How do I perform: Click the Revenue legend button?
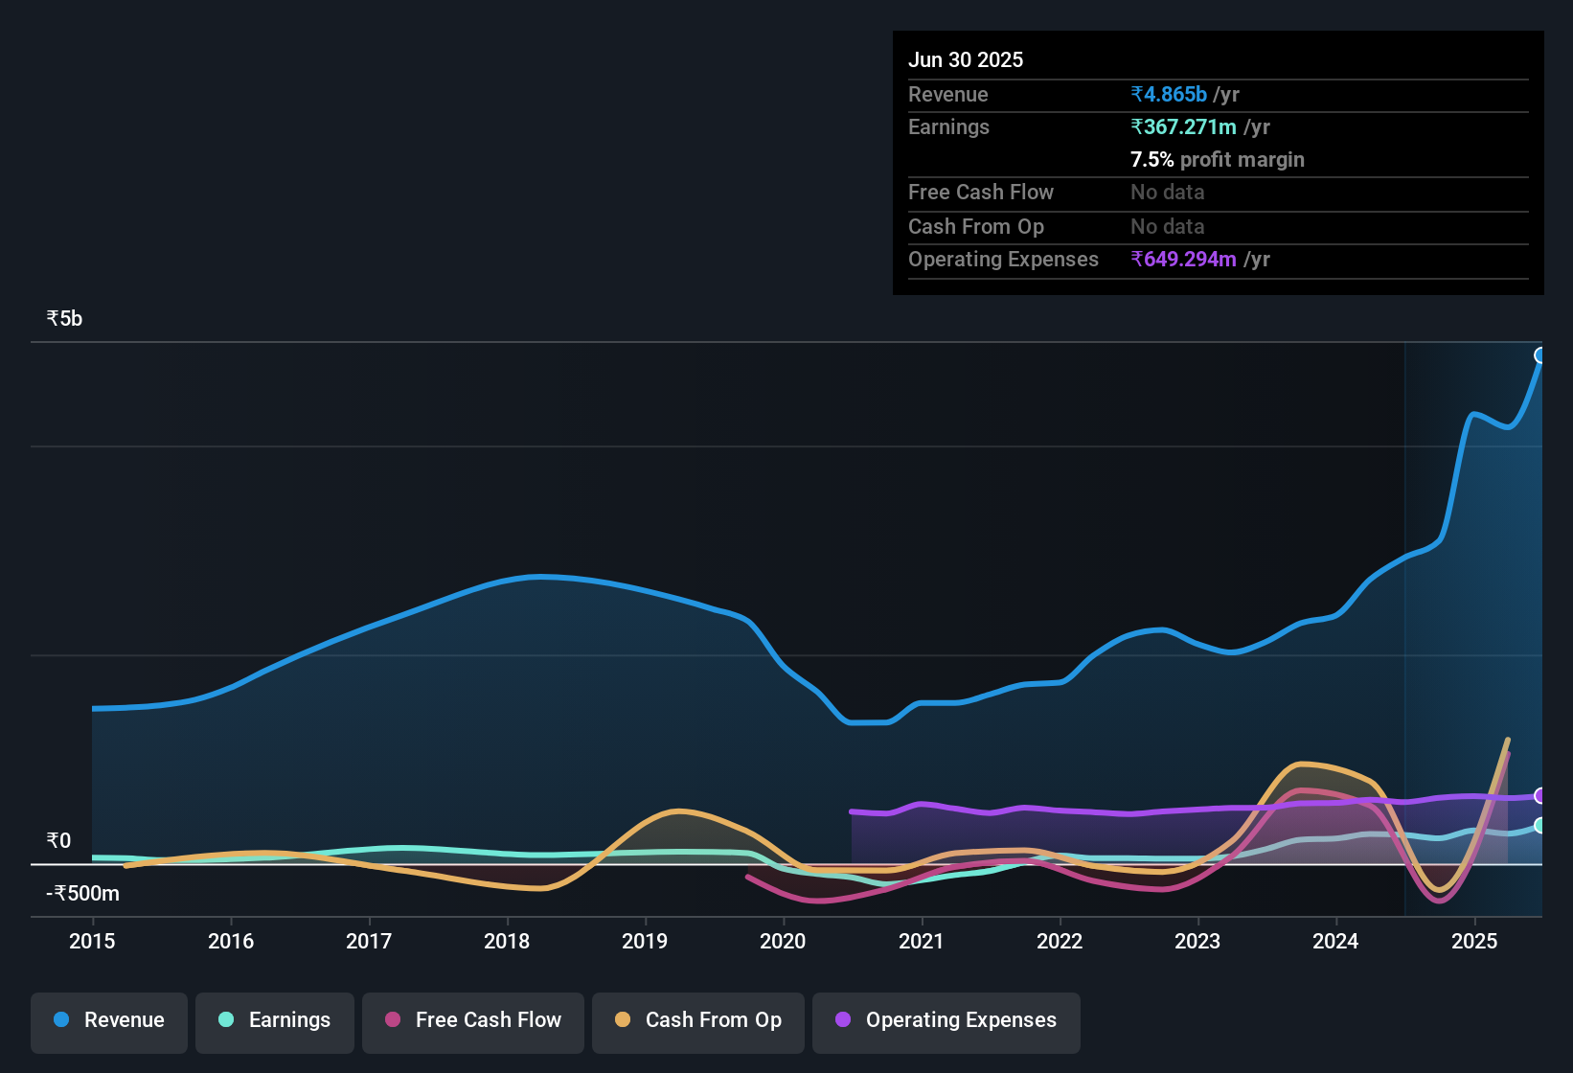(x=109, y=1020)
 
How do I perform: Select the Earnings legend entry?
(x=275, y=1020)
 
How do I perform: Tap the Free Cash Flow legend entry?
(x=473, y=1020)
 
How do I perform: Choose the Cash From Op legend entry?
(x=698, y=1020)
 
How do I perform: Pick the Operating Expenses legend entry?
(x=946, y=1020)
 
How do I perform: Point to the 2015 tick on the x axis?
(x=92, y=941)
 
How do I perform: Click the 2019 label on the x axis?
(x=645, y=941)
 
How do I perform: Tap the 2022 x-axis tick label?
(x=1060, y=941)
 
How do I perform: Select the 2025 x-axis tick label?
(x=1474, y=941)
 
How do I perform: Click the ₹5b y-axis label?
(x=64, y=319)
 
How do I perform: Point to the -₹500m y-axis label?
(x=83, y=894)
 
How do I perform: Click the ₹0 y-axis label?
(x=58, y=841)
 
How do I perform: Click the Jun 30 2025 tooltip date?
(x=966, y=59)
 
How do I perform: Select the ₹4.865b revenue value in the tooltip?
(x=1169, y=95)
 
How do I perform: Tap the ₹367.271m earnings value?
(x=1184, y=127)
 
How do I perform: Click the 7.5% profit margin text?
(x=1217, y=160)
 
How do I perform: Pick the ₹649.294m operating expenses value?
(x=1184, y=260)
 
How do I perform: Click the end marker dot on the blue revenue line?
(x=1540, y=355)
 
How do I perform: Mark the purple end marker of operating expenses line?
(x=1540, y=795)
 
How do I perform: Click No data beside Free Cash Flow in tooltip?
(x=1167, y=193)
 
